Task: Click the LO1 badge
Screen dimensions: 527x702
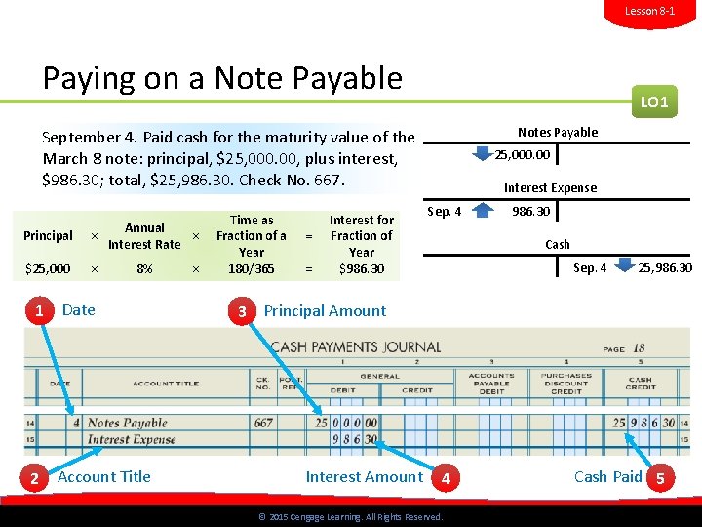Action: click(654, 101)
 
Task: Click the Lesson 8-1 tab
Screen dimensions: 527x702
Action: click(649, 11)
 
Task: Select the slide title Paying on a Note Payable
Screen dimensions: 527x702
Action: click(222, 78)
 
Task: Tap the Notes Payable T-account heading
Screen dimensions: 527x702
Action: click(558, 132)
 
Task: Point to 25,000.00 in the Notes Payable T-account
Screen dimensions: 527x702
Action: click(523, 154)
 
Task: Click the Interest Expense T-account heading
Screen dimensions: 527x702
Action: click(550, 188)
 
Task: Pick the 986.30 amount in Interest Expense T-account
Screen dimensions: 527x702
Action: click(531, 211)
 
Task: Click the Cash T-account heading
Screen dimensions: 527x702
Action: click(558, 244)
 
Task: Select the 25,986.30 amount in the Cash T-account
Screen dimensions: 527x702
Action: click(665, 267)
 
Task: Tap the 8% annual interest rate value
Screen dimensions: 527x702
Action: click(144, 268)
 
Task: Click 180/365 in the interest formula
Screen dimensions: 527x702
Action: click(252, 268)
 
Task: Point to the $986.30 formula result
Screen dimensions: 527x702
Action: click(361, 268)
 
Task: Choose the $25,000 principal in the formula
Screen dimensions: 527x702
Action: click(48, 268)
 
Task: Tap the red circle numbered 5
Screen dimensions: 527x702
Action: click(661, 478)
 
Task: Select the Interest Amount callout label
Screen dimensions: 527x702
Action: click(365, 477)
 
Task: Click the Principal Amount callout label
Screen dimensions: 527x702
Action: click(325, 311)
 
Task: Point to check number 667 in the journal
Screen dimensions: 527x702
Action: click(263, 423)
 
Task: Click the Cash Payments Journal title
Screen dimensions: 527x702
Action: click(356, 346)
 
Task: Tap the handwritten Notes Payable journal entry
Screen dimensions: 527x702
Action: click(128, 423)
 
